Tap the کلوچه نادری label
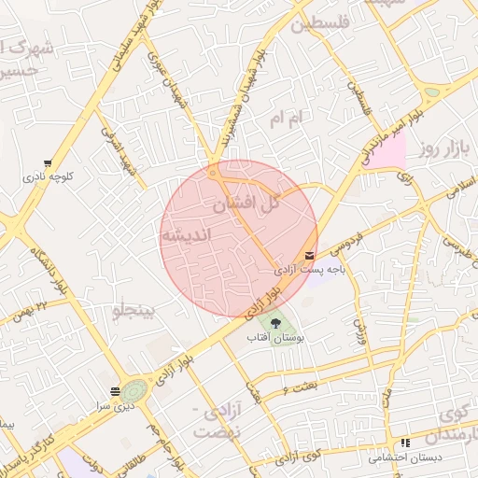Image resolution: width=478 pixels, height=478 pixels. [49, 176]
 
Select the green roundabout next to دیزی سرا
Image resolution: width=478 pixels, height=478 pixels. [134, 390]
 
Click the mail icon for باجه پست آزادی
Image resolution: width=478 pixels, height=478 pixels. [309, 256]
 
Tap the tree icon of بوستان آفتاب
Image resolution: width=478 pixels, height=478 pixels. [282, 324]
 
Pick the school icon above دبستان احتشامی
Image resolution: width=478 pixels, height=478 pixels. [405, 443]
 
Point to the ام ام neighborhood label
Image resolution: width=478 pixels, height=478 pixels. [288, 119]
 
